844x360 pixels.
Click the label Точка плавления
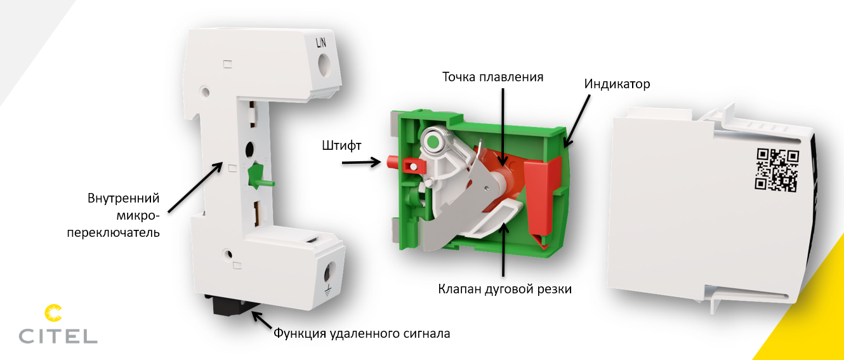(x=492, y=77)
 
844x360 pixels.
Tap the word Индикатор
(x=617, y=84)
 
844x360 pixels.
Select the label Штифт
(x=341, y=145)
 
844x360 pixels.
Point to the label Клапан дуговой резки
(x=504, y=289)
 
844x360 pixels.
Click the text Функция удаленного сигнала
(x=362, y=333)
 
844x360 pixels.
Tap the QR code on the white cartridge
(x=777, y=170)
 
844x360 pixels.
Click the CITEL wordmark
(x=58, y=336)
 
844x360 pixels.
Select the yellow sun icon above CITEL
(x=53, y=313)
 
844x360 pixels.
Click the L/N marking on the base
(x=320, y=43)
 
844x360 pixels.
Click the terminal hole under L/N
(x=323, y=65)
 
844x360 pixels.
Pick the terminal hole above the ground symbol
(x=329, y=270)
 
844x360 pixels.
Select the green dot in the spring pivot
(x=433, y=142)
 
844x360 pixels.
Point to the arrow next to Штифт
(x=361, y=163)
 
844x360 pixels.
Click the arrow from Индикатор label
(x=576, y=121)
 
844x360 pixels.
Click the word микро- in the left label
(x=138, y=216)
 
